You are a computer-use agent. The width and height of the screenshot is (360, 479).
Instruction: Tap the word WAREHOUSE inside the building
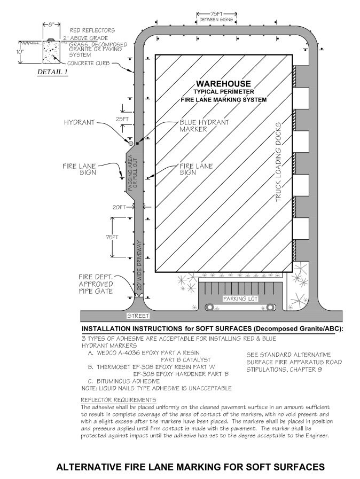click(x=223, y=84)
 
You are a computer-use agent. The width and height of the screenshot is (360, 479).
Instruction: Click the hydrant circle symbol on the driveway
click(x=130, y=143)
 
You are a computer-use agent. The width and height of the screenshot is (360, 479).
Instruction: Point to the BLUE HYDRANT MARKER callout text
click(x=204, y=125)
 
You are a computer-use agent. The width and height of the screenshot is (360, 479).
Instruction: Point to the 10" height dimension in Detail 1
click(x=19, y=52)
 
